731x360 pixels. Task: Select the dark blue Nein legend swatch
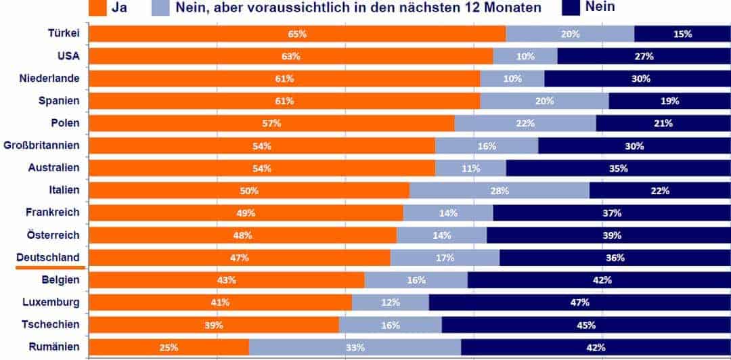[573, 7]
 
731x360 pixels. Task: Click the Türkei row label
[64, 34]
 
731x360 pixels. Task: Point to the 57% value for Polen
[271, 123]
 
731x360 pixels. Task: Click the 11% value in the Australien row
[470, 168]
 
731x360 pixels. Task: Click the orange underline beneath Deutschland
[49, 267]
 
